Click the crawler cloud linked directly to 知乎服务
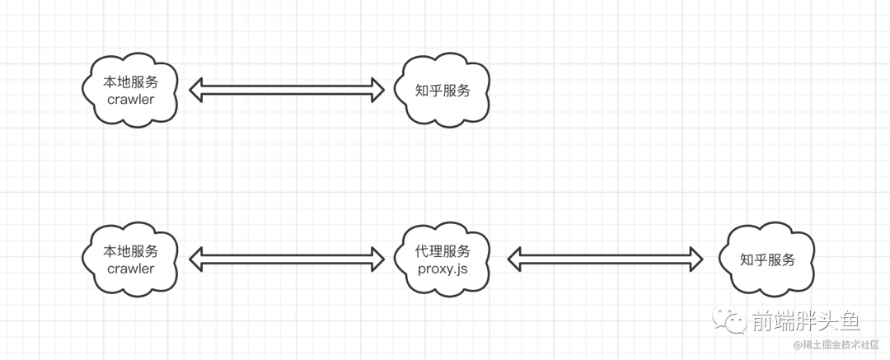click(x=131, y=90)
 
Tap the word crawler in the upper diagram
click(x=131, y=99)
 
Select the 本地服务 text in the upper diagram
click(x=131, y=82)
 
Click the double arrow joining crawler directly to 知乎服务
click(x=287, y=90)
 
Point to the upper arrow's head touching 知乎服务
click(x=377, y=90)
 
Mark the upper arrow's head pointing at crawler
click(x=197, y=90)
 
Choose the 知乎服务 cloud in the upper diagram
click(x=443, y=90)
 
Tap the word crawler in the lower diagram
click(x=131, y=269)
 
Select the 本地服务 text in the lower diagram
click(x=131, y=251)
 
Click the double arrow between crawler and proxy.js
click(x=287, y=259)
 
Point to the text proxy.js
click(x=443, y=269)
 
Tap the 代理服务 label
click(x=443, y=251)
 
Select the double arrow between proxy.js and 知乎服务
click(x=605, y=259)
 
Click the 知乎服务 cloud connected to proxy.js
click(x=767, y=259)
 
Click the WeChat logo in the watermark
click(x=729, y=321)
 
